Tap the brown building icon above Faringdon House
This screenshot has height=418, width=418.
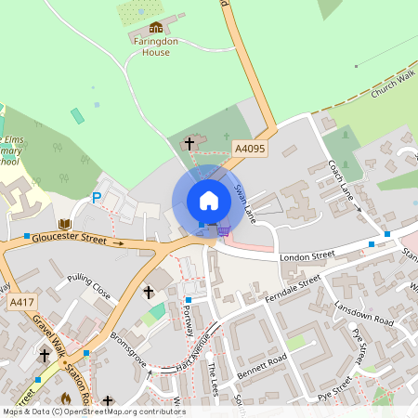(156, 28)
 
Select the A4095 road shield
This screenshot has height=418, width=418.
(248, 148)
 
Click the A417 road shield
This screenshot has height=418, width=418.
(20, 303)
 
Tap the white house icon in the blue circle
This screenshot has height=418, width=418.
(209, 201)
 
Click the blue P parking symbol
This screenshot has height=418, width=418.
(96, 197)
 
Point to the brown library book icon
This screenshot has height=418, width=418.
(64, 225)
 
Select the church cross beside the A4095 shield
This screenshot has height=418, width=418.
(190, 143)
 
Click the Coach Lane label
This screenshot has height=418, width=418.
(345, 181)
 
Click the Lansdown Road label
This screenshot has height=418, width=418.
(364, 313)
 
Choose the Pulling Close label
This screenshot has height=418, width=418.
(89, 287)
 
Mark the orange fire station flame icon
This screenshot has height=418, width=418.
(66, 398)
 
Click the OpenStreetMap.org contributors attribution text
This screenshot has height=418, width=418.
(121, 411)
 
